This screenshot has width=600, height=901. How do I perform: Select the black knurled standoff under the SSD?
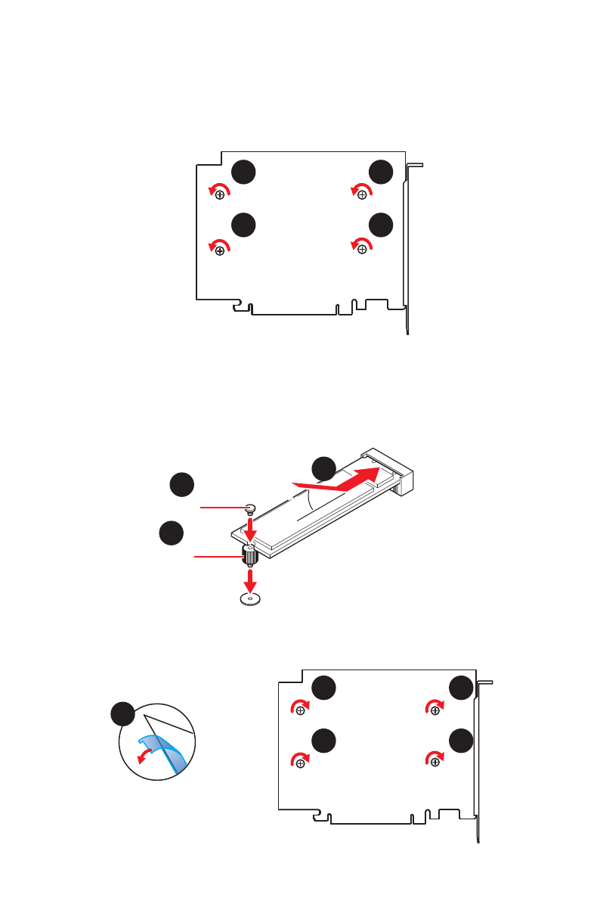click(250, 557)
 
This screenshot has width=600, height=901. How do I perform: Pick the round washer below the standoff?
click(250, 599)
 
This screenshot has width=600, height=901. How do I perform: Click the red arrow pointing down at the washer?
click(250, 581)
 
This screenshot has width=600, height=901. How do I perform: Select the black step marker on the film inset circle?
click(122, 714)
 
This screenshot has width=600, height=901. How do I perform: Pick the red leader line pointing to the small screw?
click(221, 508)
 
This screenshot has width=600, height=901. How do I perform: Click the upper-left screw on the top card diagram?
click(220, 195)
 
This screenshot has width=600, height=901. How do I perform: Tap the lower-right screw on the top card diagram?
click(363, 249)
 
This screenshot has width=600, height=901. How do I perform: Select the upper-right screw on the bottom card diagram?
click(435, 710)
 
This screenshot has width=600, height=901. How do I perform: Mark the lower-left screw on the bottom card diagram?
click(301, 763)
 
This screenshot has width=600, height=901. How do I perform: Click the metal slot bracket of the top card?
click(411, 250)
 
